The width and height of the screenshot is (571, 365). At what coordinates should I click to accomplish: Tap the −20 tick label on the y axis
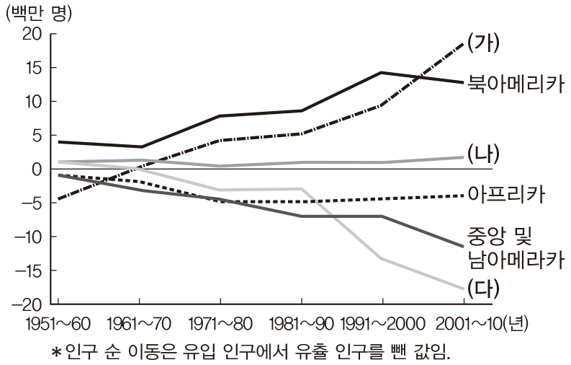[27, 304]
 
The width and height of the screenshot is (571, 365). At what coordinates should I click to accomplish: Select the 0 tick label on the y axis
[40, 169]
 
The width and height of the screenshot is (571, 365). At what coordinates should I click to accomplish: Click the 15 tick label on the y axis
[35, 68]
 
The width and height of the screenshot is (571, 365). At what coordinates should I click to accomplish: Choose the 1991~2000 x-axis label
[381, 324]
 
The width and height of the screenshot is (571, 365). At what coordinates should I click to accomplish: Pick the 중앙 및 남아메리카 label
[513, 247]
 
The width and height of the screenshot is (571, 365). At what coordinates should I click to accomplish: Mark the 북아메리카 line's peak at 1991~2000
[381, 73]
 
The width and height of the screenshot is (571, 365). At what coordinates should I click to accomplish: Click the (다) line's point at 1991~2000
[381, 258]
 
